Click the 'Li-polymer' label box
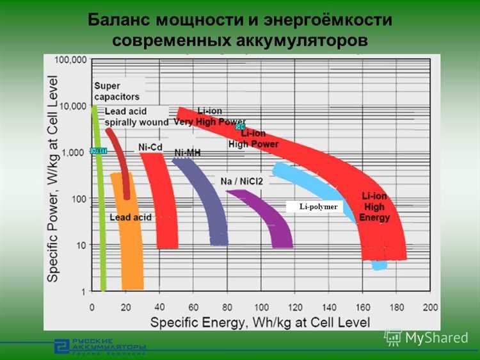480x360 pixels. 315,206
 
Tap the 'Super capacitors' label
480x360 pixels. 116,91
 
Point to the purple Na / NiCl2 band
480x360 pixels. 269,218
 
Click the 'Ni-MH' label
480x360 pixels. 188,153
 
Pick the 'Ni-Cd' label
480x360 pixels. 151,147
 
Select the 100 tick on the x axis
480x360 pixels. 262,307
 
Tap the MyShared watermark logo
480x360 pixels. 426,338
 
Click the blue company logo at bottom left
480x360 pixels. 61,345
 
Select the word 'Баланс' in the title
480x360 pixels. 119,20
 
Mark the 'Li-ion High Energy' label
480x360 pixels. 374,206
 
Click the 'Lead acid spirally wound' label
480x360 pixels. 136,117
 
